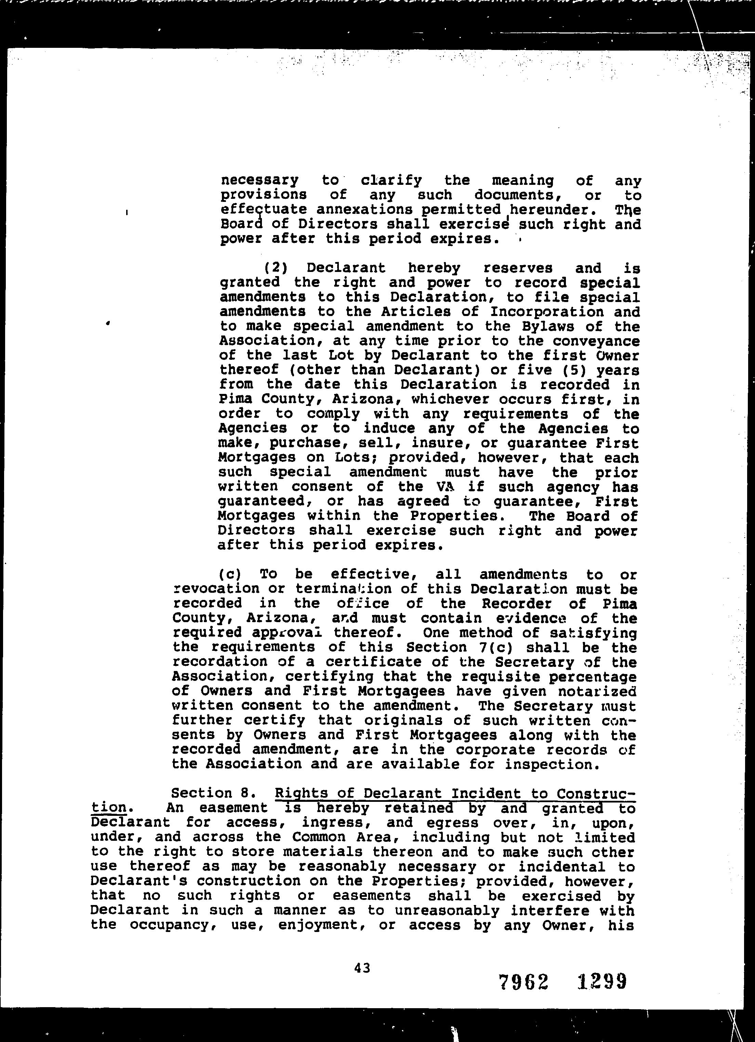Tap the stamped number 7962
(524, 982)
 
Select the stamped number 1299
(601, 982)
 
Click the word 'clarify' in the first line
(391, 180)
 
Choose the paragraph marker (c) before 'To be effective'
(228, 574)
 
